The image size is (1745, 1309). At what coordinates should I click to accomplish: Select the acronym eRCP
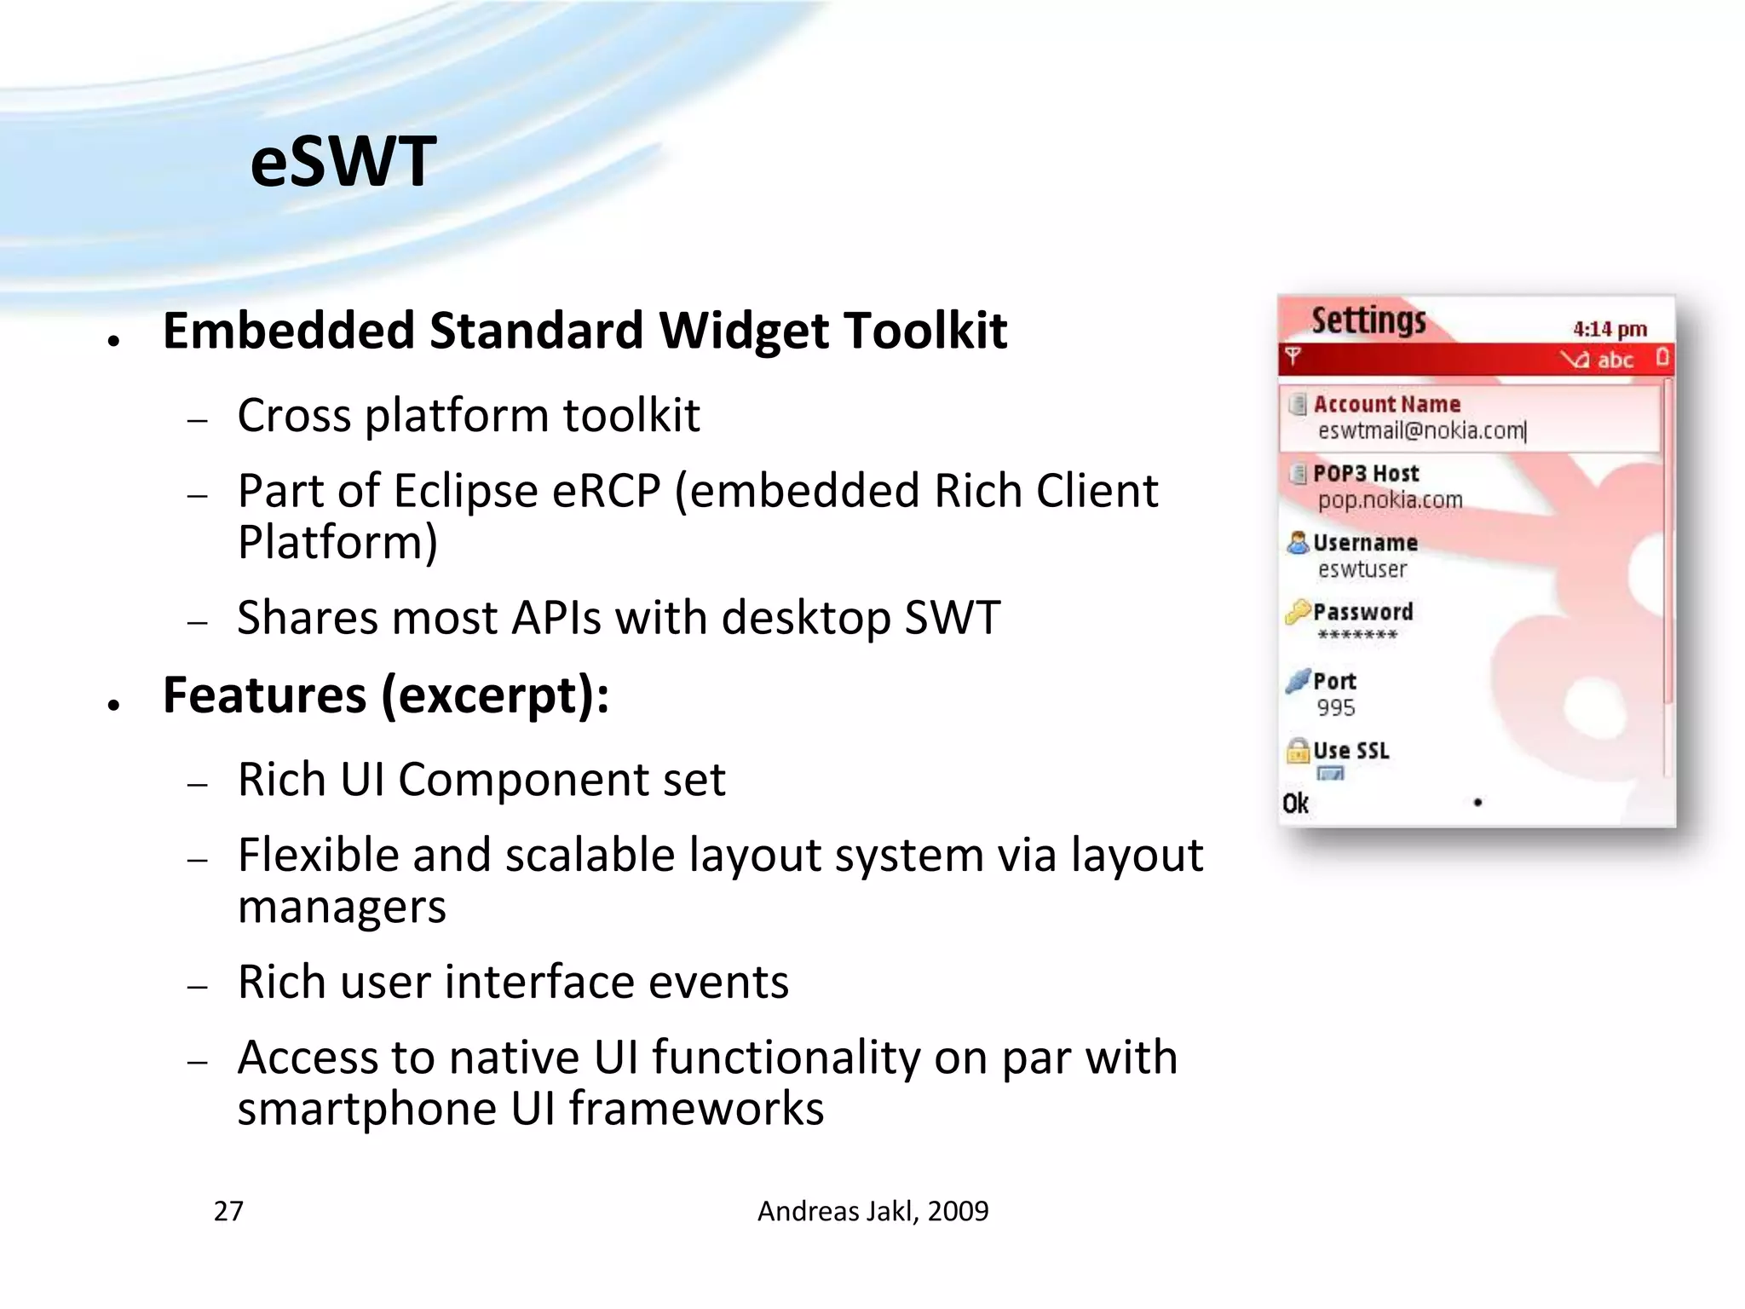pyautogui.click(x=606, y=492)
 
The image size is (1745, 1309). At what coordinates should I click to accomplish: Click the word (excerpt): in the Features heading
pyautogui.click(x=495, y=695)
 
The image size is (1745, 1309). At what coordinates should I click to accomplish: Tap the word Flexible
pyautogui.click(x=318, y=855)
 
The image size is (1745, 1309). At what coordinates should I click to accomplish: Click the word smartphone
pyautogui.click(x=366, y=1109)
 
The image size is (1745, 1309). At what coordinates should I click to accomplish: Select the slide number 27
pyautogui.click(x=228, y=1211)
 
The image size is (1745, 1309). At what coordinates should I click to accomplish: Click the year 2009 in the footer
pyautogui.click(x=958, y=1211)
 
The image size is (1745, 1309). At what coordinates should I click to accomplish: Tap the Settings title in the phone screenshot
pyautogui.click(x=1368, y=321)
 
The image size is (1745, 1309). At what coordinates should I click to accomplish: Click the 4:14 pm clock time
pyautogui.click(x=1609, y=329)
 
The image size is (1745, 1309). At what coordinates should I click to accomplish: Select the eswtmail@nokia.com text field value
pyautogui.click(x=1420, y=431)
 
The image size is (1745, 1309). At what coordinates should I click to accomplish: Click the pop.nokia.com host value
pyautogui.click(x=1390, y=500)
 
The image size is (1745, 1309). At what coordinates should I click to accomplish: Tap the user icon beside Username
pyautogui.click(x=1298, y=542)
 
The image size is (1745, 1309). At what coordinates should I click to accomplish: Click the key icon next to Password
pyautogui.click(x=1298, y=611)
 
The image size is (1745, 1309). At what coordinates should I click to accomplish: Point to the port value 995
pyautogui.click(x=1335, y=707)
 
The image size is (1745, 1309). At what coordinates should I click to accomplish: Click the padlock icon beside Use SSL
pyautogui.click(x=1298, y=750)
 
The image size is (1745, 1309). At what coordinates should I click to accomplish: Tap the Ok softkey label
pyautogui.click(x=1295, y=804)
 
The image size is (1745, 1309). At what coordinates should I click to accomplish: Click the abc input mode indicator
pyautogui.click(x=1615, y=360)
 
